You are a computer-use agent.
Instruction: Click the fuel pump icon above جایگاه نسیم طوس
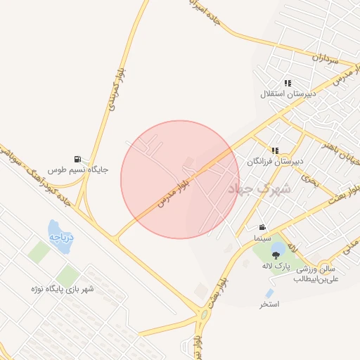pos(77,159)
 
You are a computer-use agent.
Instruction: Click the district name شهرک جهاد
pos(249,188)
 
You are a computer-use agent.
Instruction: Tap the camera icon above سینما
pos(262,227)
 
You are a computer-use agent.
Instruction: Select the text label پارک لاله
pos(276,266)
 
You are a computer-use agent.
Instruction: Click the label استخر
pos(269,304)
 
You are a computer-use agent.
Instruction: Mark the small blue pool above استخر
pos(269,292)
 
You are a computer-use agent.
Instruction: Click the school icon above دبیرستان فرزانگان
pos(275,150)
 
